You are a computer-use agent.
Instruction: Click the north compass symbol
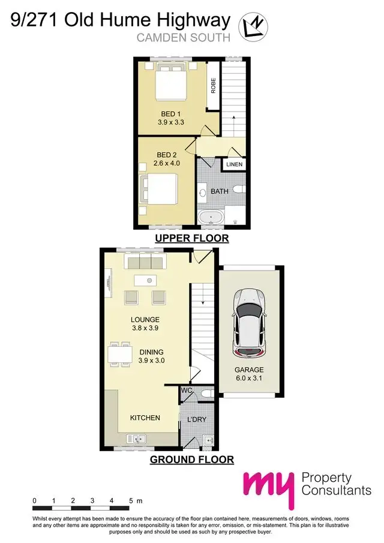[x=253, y=26]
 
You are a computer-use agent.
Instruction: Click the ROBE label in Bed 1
[x=213, y=86]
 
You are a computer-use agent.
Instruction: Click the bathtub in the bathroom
[x=211, y=218]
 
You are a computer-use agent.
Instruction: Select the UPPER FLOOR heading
[x=191, y=238]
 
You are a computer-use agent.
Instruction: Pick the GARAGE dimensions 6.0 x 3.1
[x=249, y=379]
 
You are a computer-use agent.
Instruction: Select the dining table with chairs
[x=120, y=353]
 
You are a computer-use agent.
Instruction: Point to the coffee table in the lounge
[x=145, y=280]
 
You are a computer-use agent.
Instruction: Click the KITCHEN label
[x=145, y=417]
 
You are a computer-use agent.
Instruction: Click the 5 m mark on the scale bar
[x=131, y=500]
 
